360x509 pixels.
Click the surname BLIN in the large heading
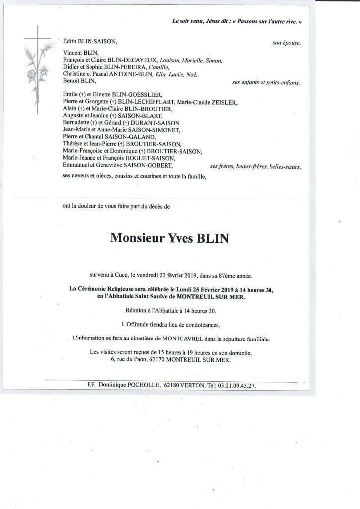coord(213,239)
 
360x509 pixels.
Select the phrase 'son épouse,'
coord(287,43)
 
